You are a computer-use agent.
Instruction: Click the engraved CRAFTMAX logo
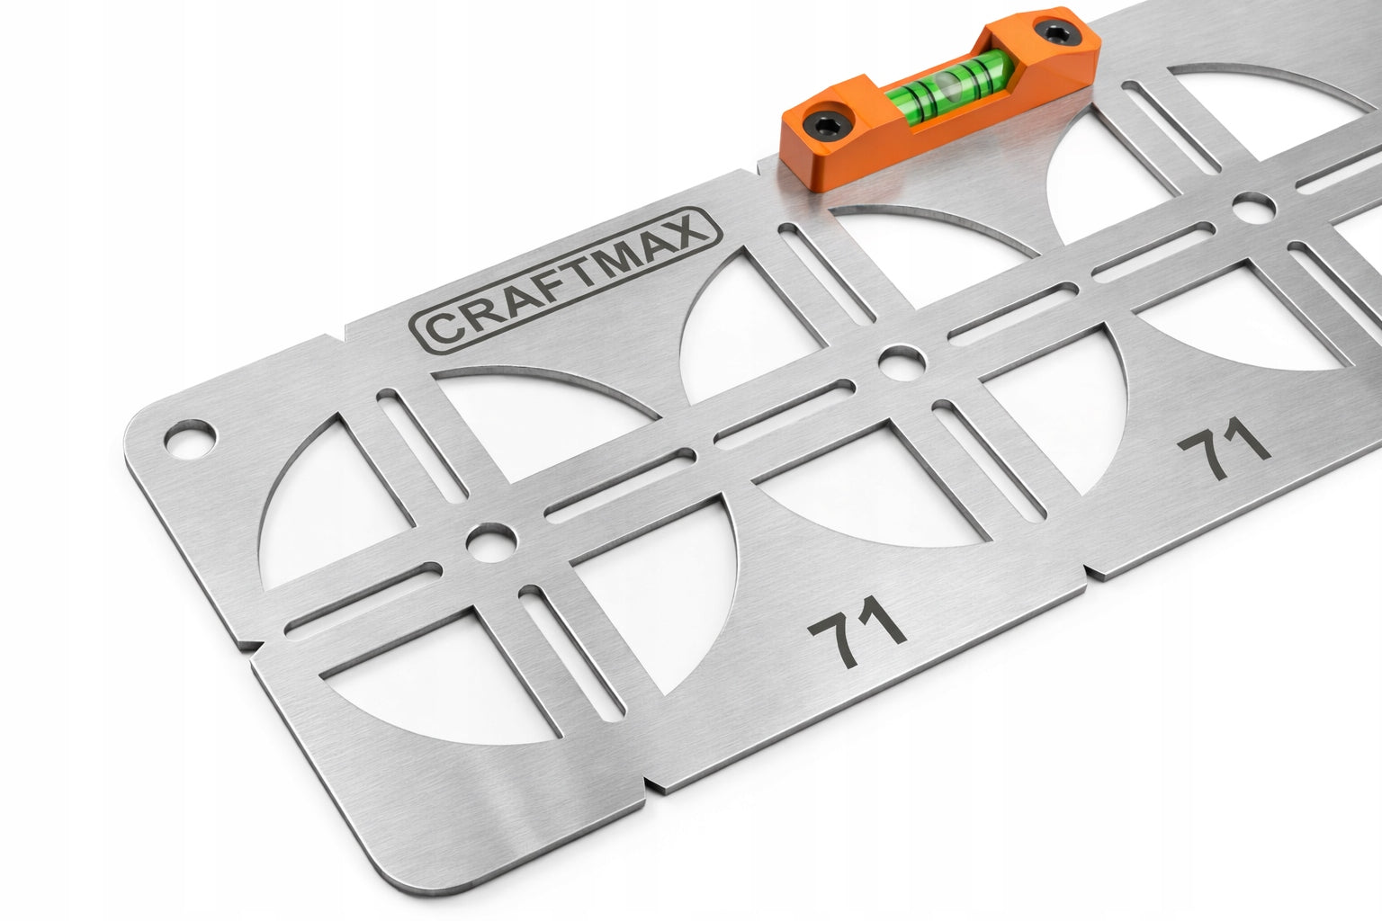(x=566, y=281)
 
